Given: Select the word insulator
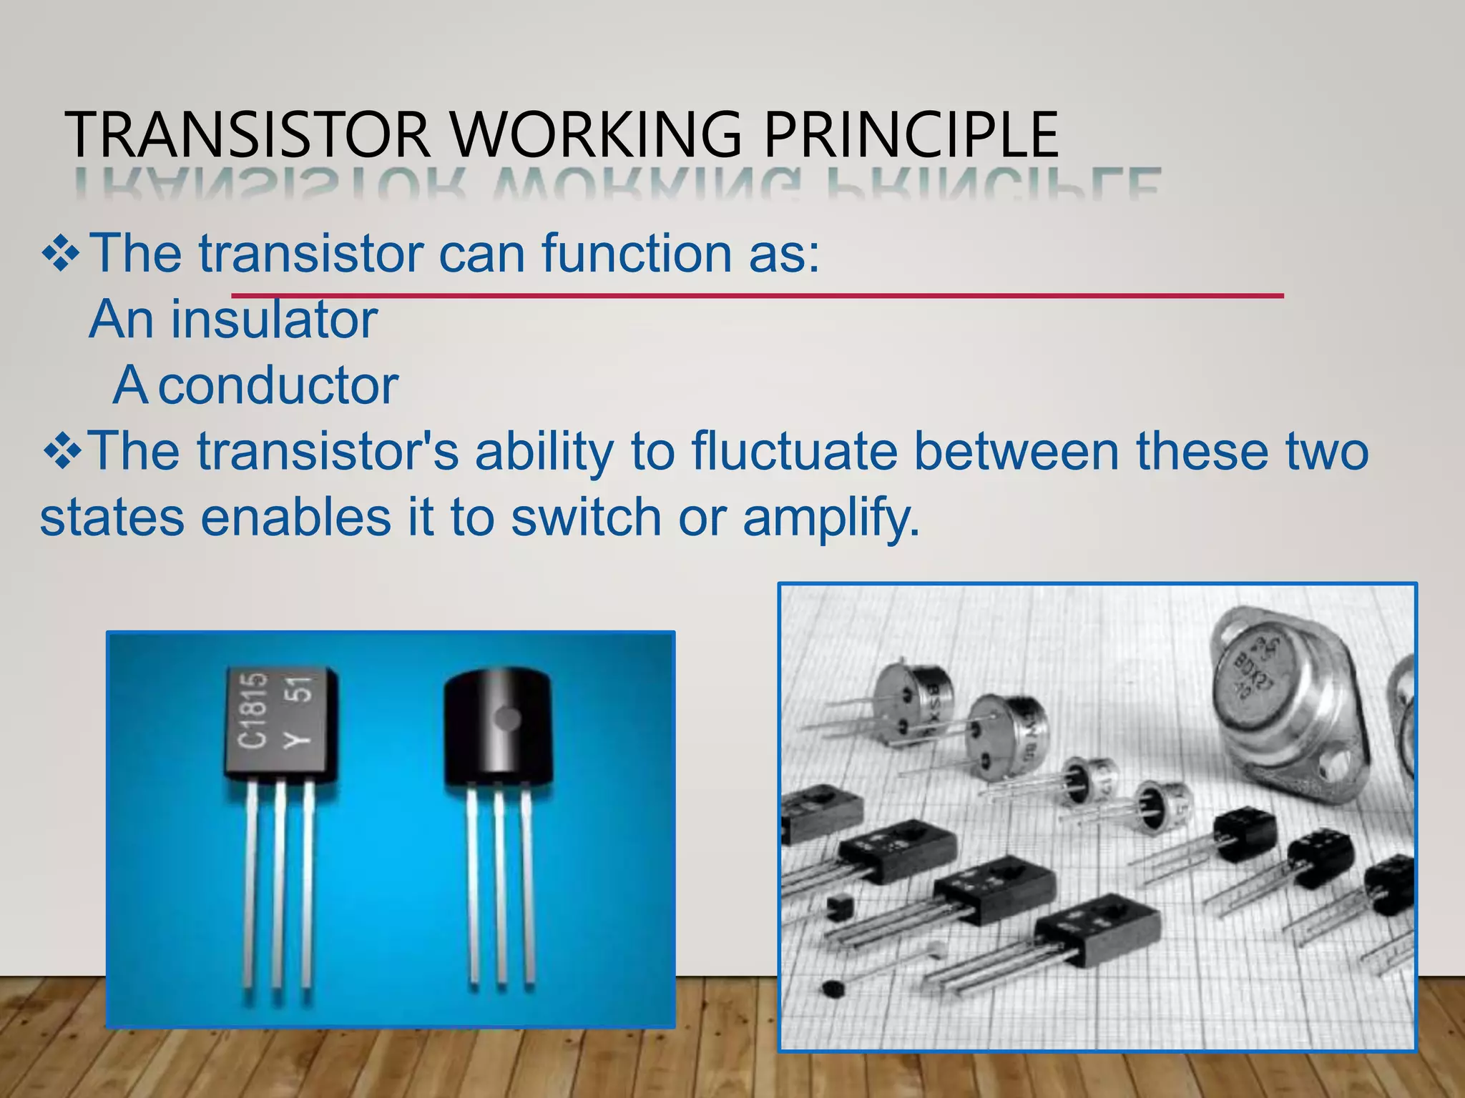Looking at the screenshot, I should click(x=273, y=320).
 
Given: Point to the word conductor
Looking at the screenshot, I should click(x=278, y=386).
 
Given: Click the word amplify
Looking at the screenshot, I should click(x=831, y=518).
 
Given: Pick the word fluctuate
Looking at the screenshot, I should click(x=793, y=452).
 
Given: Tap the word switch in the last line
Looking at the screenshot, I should click(x=586, y=517).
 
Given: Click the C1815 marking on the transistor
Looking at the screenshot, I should click(x=254, y=711).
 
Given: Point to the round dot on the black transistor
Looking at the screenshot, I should click(x=509, y=718).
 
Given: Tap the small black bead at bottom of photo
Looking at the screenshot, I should click(x=832, y=990).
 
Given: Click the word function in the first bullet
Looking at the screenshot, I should click(x=636, y=254).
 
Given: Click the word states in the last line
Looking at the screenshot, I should click(x=112, y=518).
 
